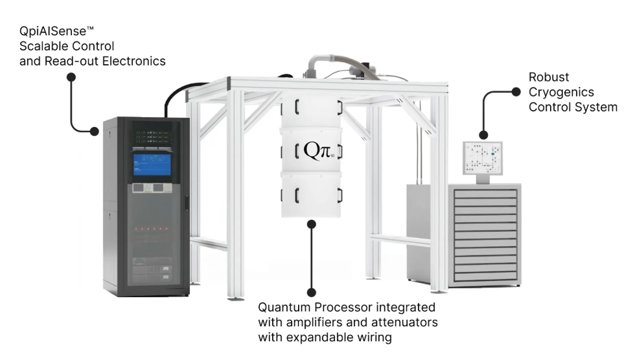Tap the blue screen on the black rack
tap(152, 164)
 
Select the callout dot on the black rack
tap(95, 131)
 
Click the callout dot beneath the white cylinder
tap(312, 224)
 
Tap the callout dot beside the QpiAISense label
tap(71, 76)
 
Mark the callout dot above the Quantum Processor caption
tap(312, 293)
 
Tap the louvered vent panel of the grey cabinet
tap(484, 234)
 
